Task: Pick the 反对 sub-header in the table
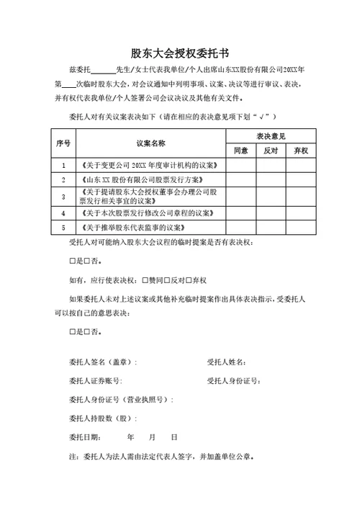271,151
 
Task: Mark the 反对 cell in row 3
271,196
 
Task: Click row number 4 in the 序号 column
63,213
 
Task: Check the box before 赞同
145,279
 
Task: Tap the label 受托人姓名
227,362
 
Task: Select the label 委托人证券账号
94,380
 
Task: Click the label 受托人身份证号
232,380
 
